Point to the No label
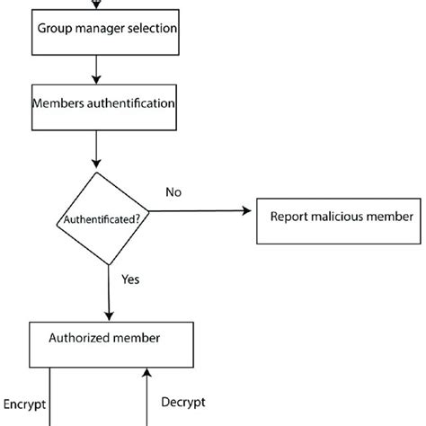coord(173,192)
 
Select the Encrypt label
coord(25,404)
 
